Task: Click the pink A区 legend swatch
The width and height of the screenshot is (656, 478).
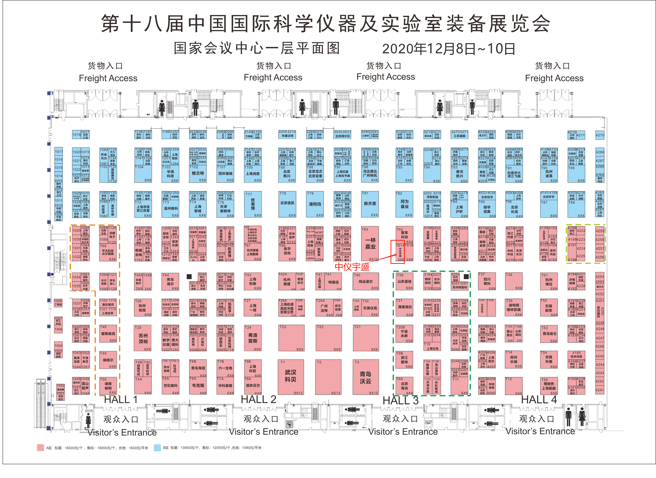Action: (x=40, y=448)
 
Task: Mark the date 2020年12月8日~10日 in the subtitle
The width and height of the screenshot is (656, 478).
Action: (x=449, y=49)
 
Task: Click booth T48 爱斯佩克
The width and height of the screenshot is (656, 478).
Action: (x=108, y=334)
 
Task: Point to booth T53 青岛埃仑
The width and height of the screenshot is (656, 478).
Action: (x=549, y=334)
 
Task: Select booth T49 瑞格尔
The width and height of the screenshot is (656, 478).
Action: (x=108, y=360)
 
